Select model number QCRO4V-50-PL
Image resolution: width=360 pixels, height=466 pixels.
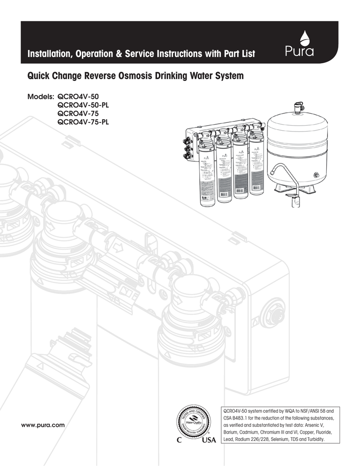83,105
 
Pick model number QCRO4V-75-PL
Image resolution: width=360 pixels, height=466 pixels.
83,122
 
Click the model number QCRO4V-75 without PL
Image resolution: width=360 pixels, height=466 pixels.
77,113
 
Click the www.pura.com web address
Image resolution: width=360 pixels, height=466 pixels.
44,425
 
